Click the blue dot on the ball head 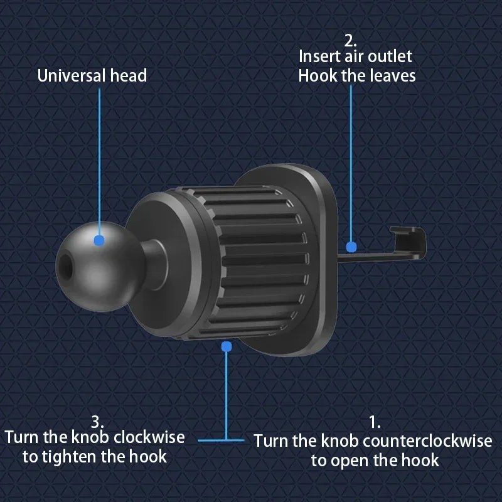[x=99, y=240]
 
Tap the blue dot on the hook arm [x=351, y=247]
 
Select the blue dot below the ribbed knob [x=227, y=346]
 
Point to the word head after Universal [x=128, y=76]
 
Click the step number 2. [x=350, y=40]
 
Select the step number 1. [x=375, y=422]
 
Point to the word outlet [x=390, y=56]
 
